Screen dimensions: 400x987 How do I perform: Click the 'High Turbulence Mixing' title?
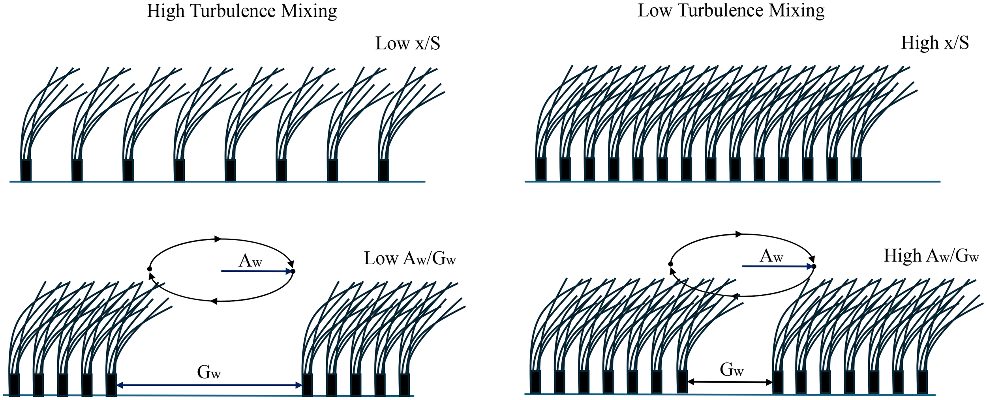pyautogui.click(x=242, y=11)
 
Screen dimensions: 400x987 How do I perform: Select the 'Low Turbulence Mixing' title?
pyautogui.click(x=731, y=10)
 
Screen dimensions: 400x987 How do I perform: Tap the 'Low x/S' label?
pyautogui.click(x=407, y=43)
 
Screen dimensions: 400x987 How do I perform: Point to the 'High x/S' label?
pyautogui.click(x=934, y=43)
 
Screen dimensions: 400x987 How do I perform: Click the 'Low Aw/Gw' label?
pyautogui.click(x=410, y=259)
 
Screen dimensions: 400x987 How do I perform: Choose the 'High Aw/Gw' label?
pyautogui.click(x=931, y=256)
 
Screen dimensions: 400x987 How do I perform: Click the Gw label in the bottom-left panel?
pyautogui.click(x=209, y=372)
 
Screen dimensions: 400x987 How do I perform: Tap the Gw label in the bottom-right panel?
pyautogui.click(x=732, y=370)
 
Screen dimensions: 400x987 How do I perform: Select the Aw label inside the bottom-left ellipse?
pyautogui.click(x=250, y=261)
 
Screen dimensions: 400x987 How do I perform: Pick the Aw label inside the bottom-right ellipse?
pyautogui.click(x=771, y=256)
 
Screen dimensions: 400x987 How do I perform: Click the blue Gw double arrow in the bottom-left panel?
pyautogui.click(x=209, y=385)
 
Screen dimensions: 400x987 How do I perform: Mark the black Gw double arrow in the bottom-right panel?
pyautogui.click(x=730, y=382)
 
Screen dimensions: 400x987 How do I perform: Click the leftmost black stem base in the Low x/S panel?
pyautogui.click(x=26, y=170)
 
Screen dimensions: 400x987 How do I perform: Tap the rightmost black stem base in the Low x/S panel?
pyautogui.click(x=384, y=170)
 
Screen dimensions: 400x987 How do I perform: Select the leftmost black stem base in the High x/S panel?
pyautogui.click(x=541, y=170)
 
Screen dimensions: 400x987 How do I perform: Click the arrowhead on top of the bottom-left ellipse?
pyautogui.click(x=217, y=239)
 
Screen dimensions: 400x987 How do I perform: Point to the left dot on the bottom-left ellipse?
pyautogui.click(x=150, y=269)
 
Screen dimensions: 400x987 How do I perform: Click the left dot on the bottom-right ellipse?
pyautogui.click(x=670, y=264)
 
